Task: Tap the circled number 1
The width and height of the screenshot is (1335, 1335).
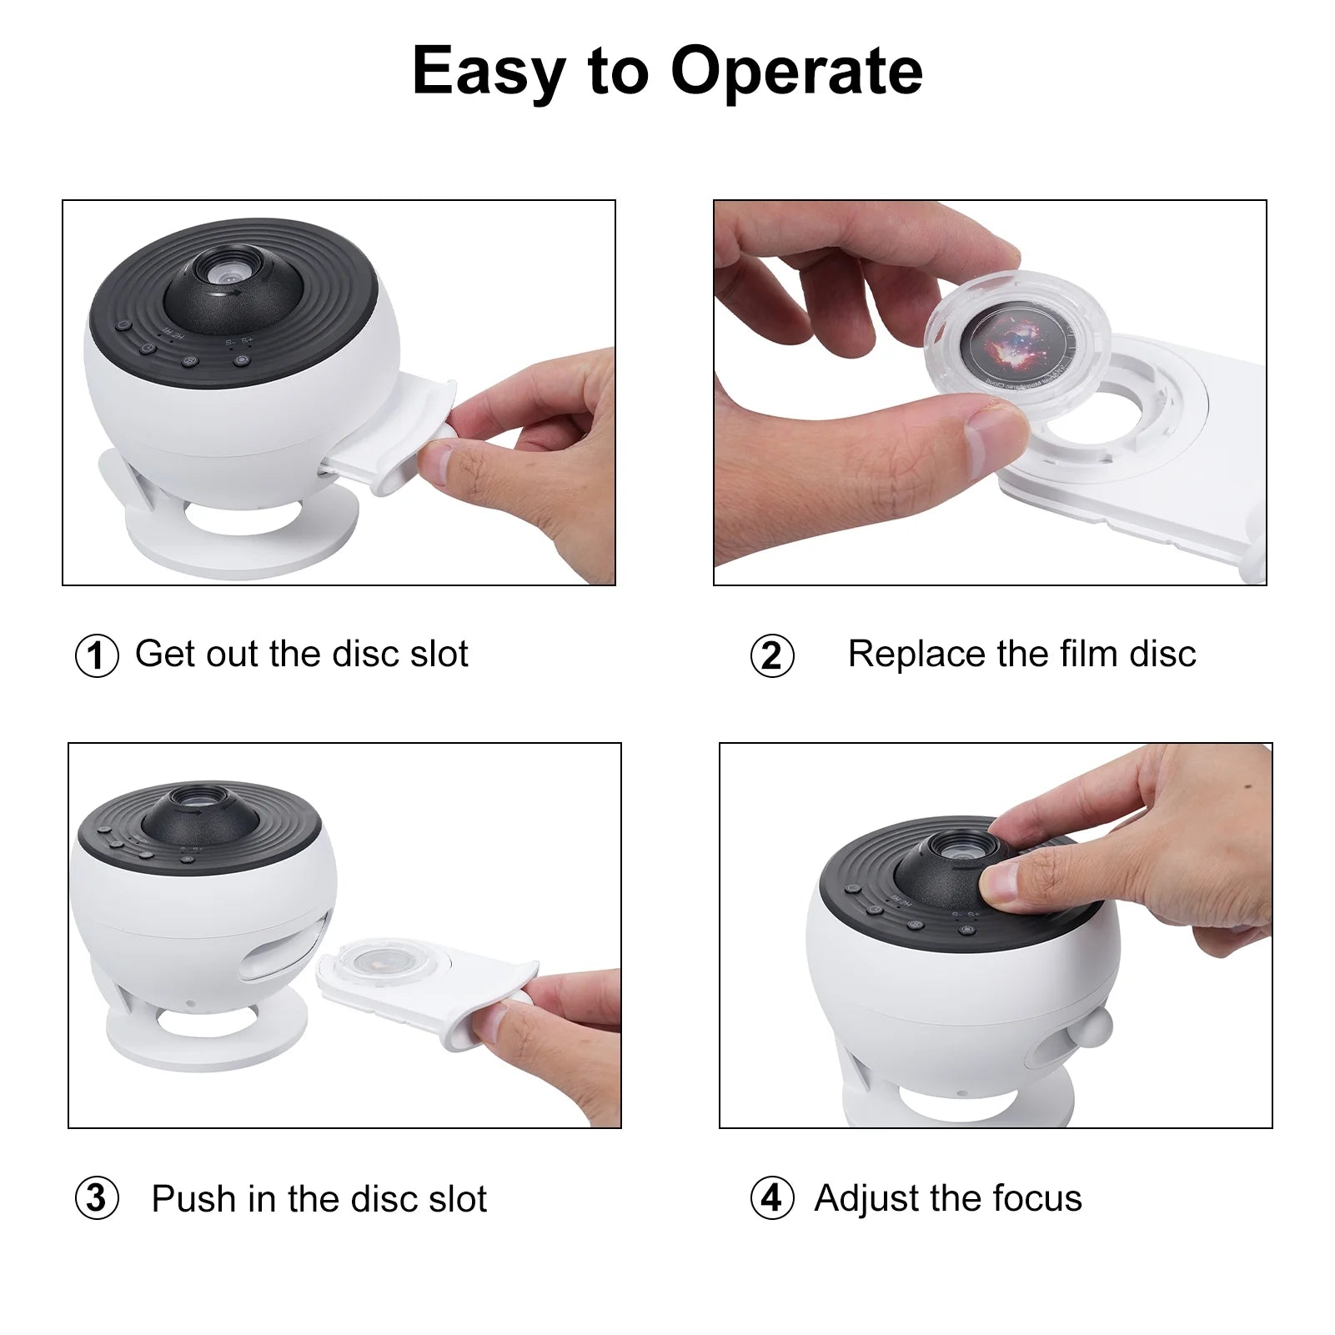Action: tap(97, 656)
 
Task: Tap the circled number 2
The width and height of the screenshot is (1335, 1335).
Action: tap(772, 656)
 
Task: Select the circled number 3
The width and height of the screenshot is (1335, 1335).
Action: tap(97, 1198)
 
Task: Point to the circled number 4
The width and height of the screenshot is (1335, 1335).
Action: tap(772, 1198)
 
